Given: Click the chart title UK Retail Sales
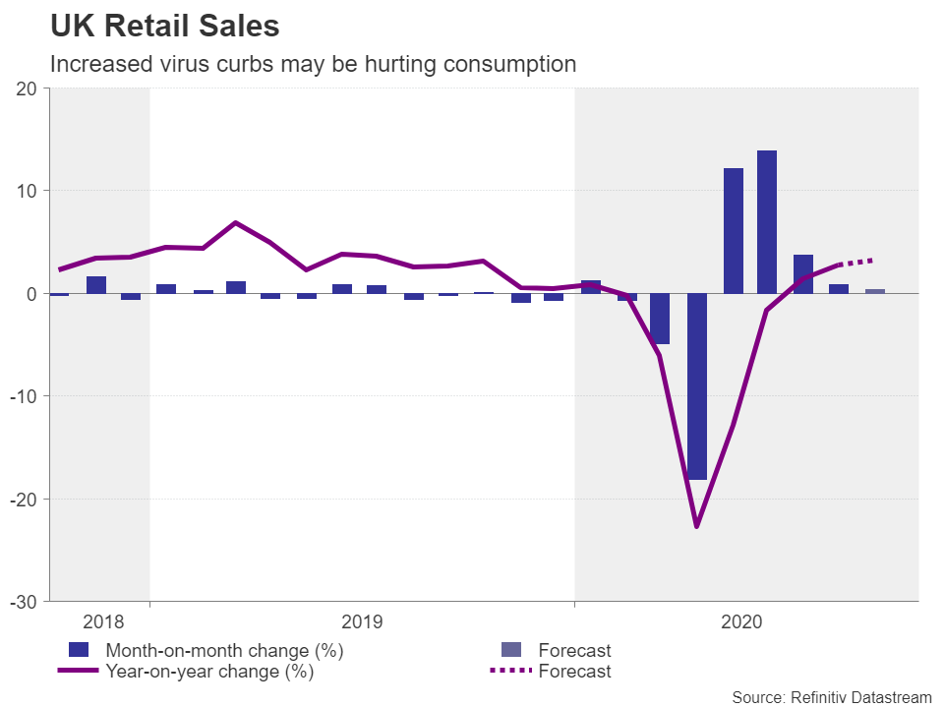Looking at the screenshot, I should pyautogui.click(x=165, y=27).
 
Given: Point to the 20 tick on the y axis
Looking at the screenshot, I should pyautogui.click(x=27, y=88).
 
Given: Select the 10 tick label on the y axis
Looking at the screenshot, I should pyautogui.click(x=27, y=191).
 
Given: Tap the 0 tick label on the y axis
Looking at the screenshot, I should pyautogui.click(x=31, y=294).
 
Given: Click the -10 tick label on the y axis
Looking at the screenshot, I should pyautogui.click(x=23, y=396).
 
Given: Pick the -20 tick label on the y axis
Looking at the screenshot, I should pyautogui.click(x=23, y=499).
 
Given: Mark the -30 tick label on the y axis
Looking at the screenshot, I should pyautogui.click(x=23, y=601).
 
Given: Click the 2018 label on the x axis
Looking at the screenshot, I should pyautogui.click(x=103, y=621).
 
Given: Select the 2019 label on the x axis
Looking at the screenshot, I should pyautogui.click(x=362, y=621).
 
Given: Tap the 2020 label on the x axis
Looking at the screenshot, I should pyautogui.click(x=741, y=621).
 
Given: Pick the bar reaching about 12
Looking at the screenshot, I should pyautogui.click(x=734, y=231).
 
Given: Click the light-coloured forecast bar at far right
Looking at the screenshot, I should pyautogui.click(x=874, y=291).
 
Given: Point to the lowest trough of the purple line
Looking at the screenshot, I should pyautogui.click(x=697, y=526).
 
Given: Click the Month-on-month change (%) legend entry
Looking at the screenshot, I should pyautogui.click(x=224, y=650).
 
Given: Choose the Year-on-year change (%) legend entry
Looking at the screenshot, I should pyautogui.click(x=208, y=672).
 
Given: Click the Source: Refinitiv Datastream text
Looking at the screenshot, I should pyautogui.click(x=831, y=696).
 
